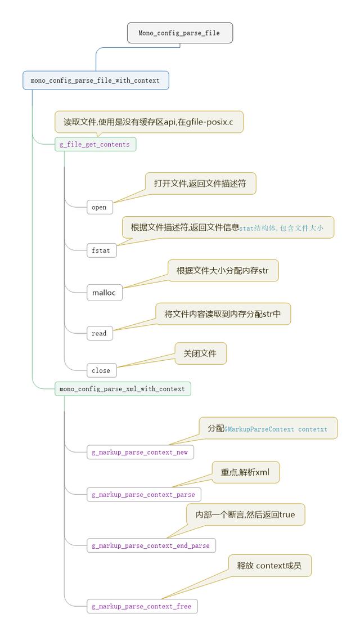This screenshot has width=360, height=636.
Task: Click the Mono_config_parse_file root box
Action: click(180, 33)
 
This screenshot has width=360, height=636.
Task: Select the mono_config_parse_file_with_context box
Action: click(96, 80)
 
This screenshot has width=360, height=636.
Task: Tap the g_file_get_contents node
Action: click(95, 145)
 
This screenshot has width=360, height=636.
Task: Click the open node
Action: click(100, 207)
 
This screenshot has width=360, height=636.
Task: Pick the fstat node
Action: click(101, 250)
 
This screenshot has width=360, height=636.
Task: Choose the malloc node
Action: click(104, 293)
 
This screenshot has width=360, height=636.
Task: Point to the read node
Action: click(100, 333)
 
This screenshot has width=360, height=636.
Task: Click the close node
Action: click(101, 370)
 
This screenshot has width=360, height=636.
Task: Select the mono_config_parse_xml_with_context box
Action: click(123, 388)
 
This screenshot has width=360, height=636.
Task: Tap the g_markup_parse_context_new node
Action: click(140, 452)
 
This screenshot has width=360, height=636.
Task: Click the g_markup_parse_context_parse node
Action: click(143, 494)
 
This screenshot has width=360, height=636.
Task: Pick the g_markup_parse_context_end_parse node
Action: click(151, 545)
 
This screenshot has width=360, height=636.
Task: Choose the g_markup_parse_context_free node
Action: click(142, 606)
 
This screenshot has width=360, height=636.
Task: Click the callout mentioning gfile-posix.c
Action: click(149, 122)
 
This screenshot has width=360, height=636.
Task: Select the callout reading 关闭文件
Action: click(200, 353)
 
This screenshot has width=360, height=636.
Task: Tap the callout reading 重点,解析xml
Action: click(245, 472)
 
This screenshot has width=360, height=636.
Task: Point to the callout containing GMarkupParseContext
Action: click(268, 428)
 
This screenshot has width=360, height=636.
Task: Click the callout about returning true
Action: click(245, 515)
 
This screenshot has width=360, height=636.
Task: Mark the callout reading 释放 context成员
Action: click(269, 566)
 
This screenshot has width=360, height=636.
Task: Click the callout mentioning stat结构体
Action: click(228, 227)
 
